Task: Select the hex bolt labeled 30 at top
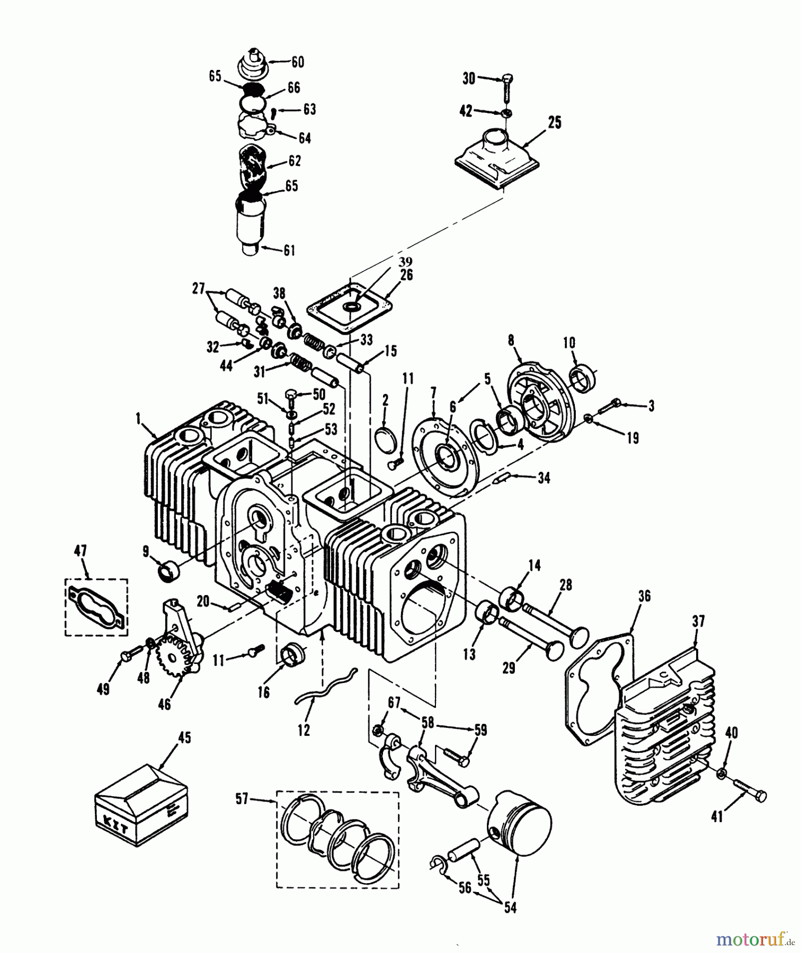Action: point(505,86)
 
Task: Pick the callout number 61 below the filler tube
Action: point(289,250)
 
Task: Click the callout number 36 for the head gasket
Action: point(644,596)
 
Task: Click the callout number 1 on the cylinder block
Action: point(138,419)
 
